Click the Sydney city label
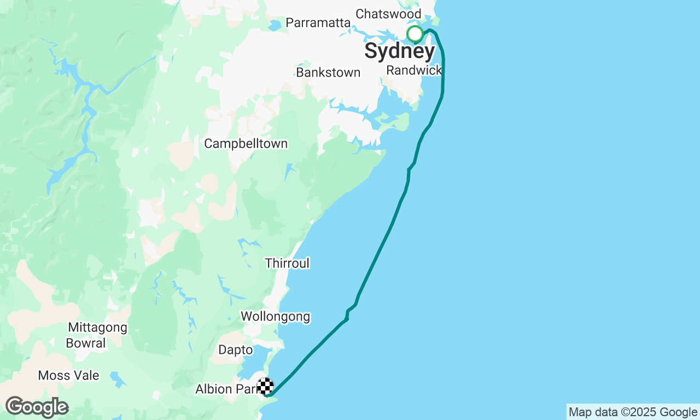pos(399,51)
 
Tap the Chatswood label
pos(388,14)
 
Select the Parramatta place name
pos(318,23)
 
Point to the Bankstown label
pos(328,72)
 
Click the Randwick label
pos(413,70)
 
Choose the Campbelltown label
pos(246,143)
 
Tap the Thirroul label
pos(287,263)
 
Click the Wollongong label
pos(275,316)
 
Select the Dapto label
pos(236,349)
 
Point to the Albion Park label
pos(225,389)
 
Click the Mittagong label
pos(97,328)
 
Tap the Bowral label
pos(86,343)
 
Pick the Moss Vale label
pos(68,375)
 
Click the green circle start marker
pos(415,34)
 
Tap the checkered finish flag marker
pos(265,386)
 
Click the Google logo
pos(37,407)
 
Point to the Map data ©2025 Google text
pos(633,412)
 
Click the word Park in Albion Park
pos(246,389)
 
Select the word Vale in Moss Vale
pos(87,375)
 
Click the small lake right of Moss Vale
pos(116,377)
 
